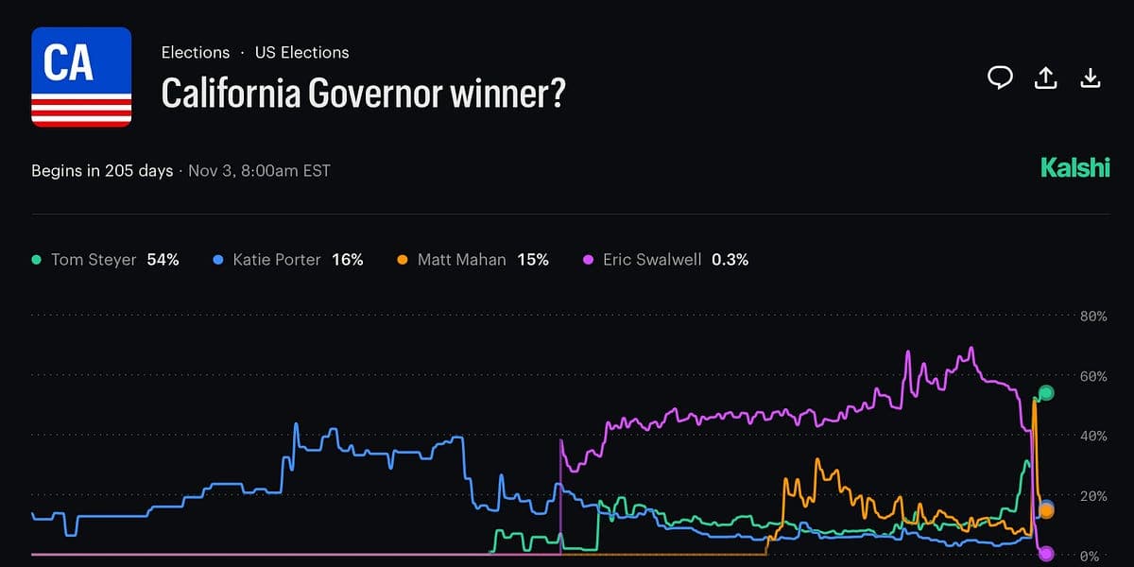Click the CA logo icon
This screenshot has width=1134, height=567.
tap(81, 77)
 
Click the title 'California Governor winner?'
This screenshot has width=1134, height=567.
tap(363, 93)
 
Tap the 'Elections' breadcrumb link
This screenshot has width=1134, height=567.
tap(196, 53)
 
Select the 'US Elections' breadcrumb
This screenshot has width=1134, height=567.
tap(301, 53)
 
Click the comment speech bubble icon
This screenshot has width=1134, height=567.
tap(1000, 78)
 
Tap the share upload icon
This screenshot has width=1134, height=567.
tap(1045, 78)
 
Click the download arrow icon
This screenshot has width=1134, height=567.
tap(1091, 78)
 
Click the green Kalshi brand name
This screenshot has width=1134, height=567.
tap(1074, 168)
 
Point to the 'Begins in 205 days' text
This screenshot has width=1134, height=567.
tap(102, 171)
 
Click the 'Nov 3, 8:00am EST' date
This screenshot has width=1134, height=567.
tap(259, 171)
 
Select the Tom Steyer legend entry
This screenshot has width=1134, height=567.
tap(94, 260)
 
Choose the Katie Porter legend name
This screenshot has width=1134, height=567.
tap(277, 260)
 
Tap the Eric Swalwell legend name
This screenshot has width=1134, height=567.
tap(652, 260)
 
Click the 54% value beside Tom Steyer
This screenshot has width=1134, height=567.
tap(163, 260)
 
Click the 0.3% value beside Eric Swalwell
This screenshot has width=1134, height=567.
tap(730, 260)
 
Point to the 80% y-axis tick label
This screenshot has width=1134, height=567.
tap(1092, 317)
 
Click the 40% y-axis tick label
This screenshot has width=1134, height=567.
tap(1092, 436)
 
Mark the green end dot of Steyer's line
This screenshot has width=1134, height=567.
tap(1045, 393)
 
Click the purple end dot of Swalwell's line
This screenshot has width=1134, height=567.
tap(1045, 554)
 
